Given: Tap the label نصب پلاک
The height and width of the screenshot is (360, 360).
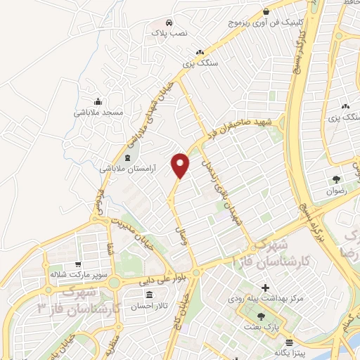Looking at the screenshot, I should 163,32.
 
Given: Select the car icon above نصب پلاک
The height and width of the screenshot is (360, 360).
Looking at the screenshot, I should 169,22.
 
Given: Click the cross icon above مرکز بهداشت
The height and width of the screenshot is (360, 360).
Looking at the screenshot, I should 265,288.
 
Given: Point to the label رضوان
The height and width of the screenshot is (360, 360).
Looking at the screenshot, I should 337,191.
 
